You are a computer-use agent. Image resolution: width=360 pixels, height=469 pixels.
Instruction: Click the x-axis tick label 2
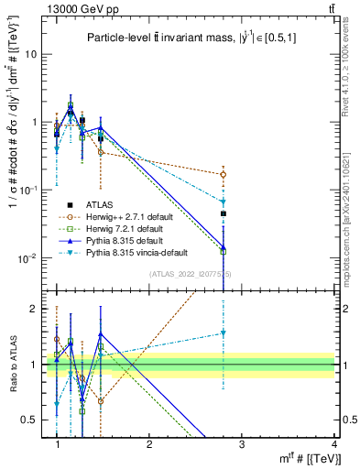click(x=149, y=444)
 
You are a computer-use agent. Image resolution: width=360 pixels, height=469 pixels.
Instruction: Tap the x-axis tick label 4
click(x=334, y=444)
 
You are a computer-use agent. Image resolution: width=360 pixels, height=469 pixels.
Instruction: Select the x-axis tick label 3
click(x=242, y=444)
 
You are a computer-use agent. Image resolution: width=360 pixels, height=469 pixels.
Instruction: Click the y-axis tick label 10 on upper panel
click(x=31, y=54)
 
